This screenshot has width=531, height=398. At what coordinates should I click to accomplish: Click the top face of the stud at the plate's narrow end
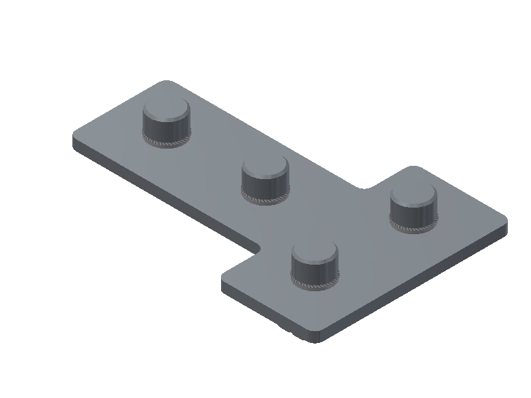(166, 109)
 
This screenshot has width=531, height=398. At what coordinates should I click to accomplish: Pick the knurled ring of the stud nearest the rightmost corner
(414, 228)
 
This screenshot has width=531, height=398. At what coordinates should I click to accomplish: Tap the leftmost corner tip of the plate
(74, 137)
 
